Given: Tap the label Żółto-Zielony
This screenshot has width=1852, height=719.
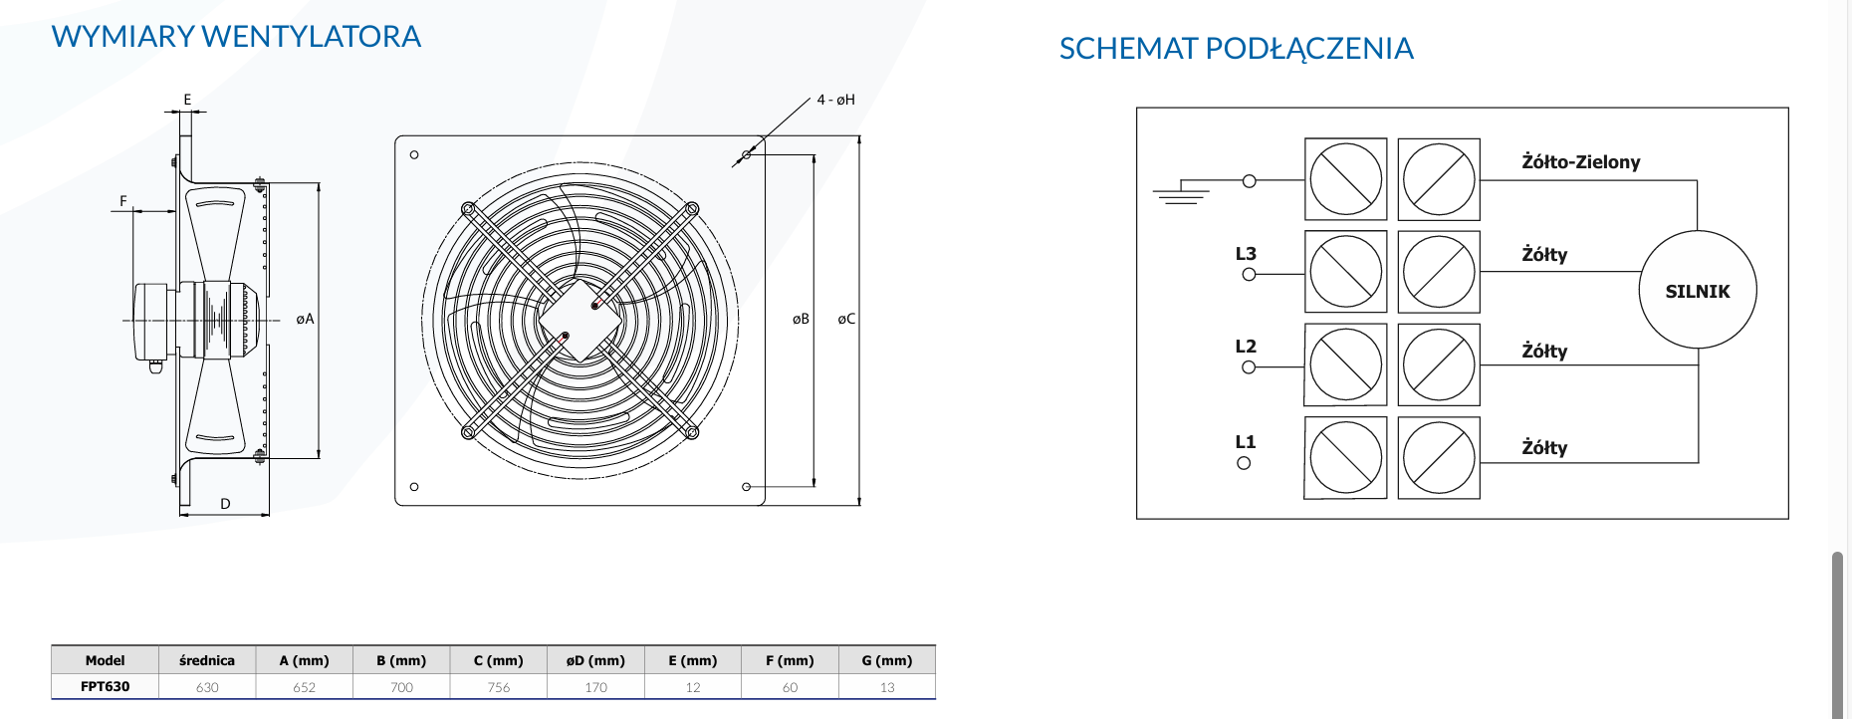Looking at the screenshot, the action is point(1580,161).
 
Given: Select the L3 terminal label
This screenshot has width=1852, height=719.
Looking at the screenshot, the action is point(1246,254).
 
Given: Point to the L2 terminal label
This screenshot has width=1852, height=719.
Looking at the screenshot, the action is point(1246,347).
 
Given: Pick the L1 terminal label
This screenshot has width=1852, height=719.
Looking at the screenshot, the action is point(1246,442).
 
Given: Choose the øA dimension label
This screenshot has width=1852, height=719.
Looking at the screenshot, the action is point(305,319).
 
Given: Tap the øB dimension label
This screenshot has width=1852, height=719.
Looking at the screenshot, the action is point(801,319).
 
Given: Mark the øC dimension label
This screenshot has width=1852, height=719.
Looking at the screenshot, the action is point(846,319).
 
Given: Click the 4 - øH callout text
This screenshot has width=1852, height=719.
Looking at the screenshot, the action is point(836,100).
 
